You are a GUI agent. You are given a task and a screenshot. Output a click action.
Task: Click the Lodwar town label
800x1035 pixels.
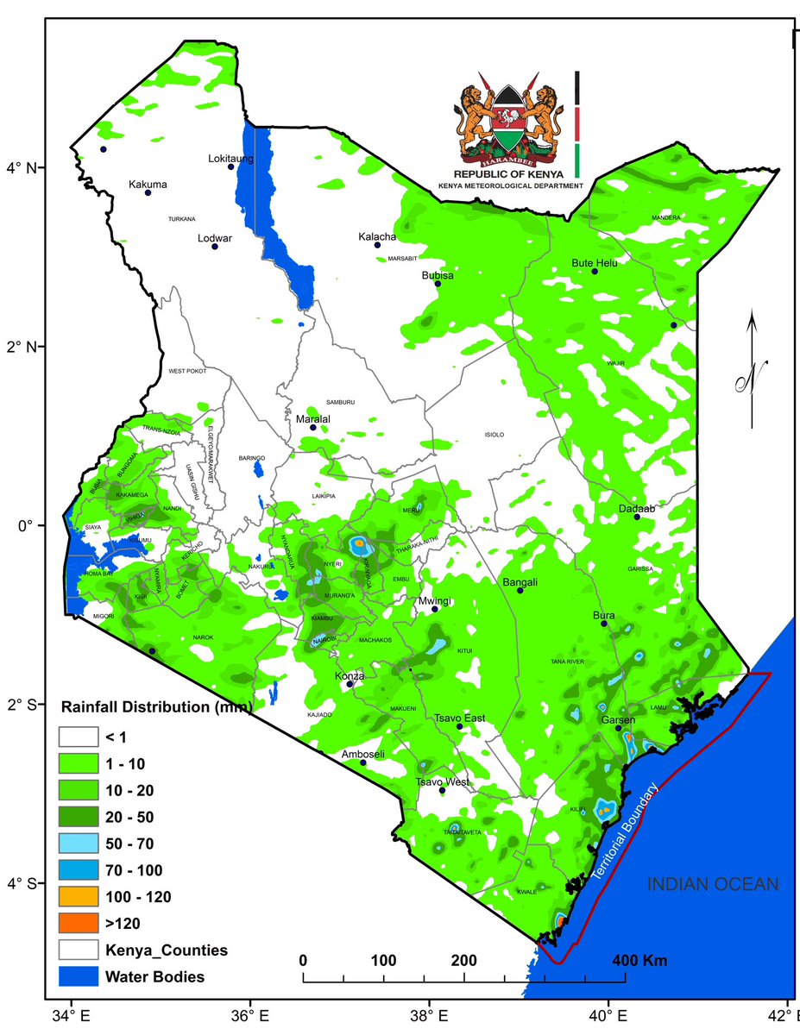click(x=215, y=237)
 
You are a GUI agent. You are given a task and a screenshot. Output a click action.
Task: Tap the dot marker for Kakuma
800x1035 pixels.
click(x=148, y=192)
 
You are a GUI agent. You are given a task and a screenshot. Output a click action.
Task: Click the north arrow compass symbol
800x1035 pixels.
click(x=752, y=371)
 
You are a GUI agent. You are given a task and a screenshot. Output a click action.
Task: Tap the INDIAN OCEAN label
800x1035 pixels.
click(x=714, y=884)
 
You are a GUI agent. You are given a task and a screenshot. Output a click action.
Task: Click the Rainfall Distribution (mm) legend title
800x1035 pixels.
click(x=156, y=708)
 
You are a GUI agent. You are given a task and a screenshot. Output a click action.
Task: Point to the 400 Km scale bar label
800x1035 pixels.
click(x=639, y=960)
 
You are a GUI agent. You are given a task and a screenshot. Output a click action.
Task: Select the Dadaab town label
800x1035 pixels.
click(x=638, y=509)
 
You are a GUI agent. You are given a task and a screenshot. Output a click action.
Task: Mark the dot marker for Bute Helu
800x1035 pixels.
click(x=594, y=272)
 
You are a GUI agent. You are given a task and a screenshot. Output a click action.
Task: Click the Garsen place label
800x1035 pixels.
click(x=619, y=720)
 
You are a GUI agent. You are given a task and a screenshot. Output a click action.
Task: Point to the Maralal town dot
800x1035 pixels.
click(x=313, y=427)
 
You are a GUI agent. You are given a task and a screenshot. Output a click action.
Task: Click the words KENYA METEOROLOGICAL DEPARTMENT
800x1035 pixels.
click(x=510, y=185)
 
